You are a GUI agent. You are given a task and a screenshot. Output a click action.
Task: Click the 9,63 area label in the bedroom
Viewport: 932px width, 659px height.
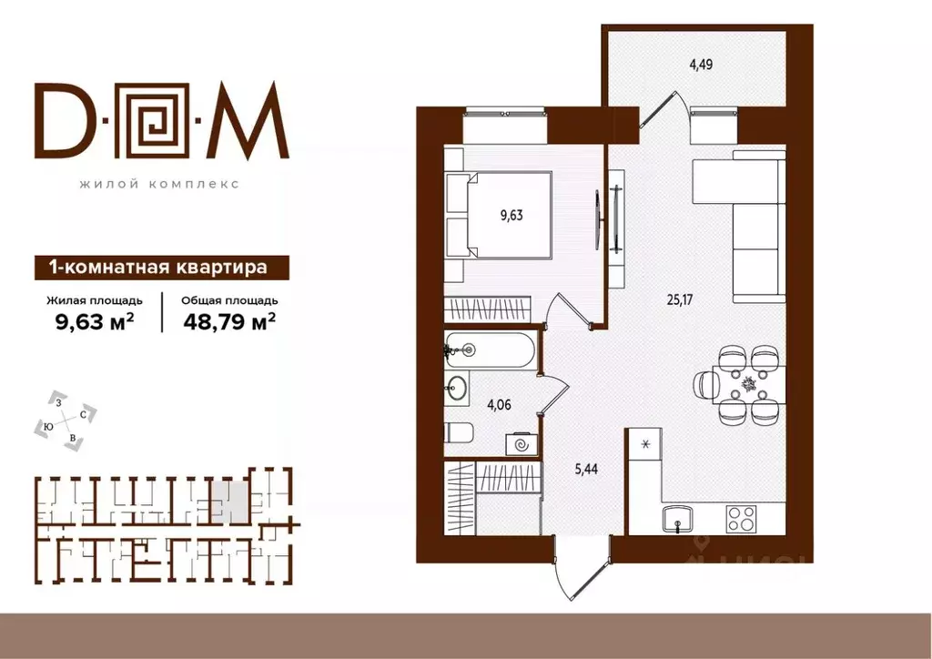pyautogui.click(x=512, y=215)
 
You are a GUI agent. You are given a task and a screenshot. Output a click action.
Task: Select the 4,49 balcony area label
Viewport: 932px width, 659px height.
pyautogui.click(x=701, y=64)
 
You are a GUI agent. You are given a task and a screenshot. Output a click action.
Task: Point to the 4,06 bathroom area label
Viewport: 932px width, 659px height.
pyautogui.click(x=499, y=405)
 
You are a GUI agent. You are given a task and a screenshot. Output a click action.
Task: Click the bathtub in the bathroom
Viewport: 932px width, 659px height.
pyautogui.click(x=490, y=350)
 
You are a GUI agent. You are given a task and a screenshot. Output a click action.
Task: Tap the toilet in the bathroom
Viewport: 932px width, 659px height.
pyautogui.click(x=458, y=432)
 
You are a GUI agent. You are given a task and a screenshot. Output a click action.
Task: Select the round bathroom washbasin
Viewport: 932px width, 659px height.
pyautogui.click(x=457, y=389)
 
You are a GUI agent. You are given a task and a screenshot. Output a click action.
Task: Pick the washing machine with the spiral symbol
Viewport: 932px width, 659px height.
pyautogui.click(x=522, y=444)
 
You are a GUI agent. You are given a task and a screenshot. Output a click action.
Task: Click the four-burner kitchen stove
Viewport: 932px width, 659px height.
pyautogui.click(x=741, y=518)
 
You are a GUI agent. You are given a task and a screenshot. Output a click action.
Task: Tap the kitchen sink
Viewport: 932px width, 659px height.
pyautogui.click(x=678, y=519)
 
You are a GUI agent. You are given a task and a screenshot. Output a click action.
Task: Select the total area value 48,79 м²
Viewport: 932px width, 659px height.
pyautogui.click(x=229, y=321)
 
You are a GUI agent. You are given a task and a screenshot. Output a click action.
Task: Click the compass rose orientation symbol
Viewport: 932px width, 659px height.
pyautogui.click(x=66, y=419)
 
